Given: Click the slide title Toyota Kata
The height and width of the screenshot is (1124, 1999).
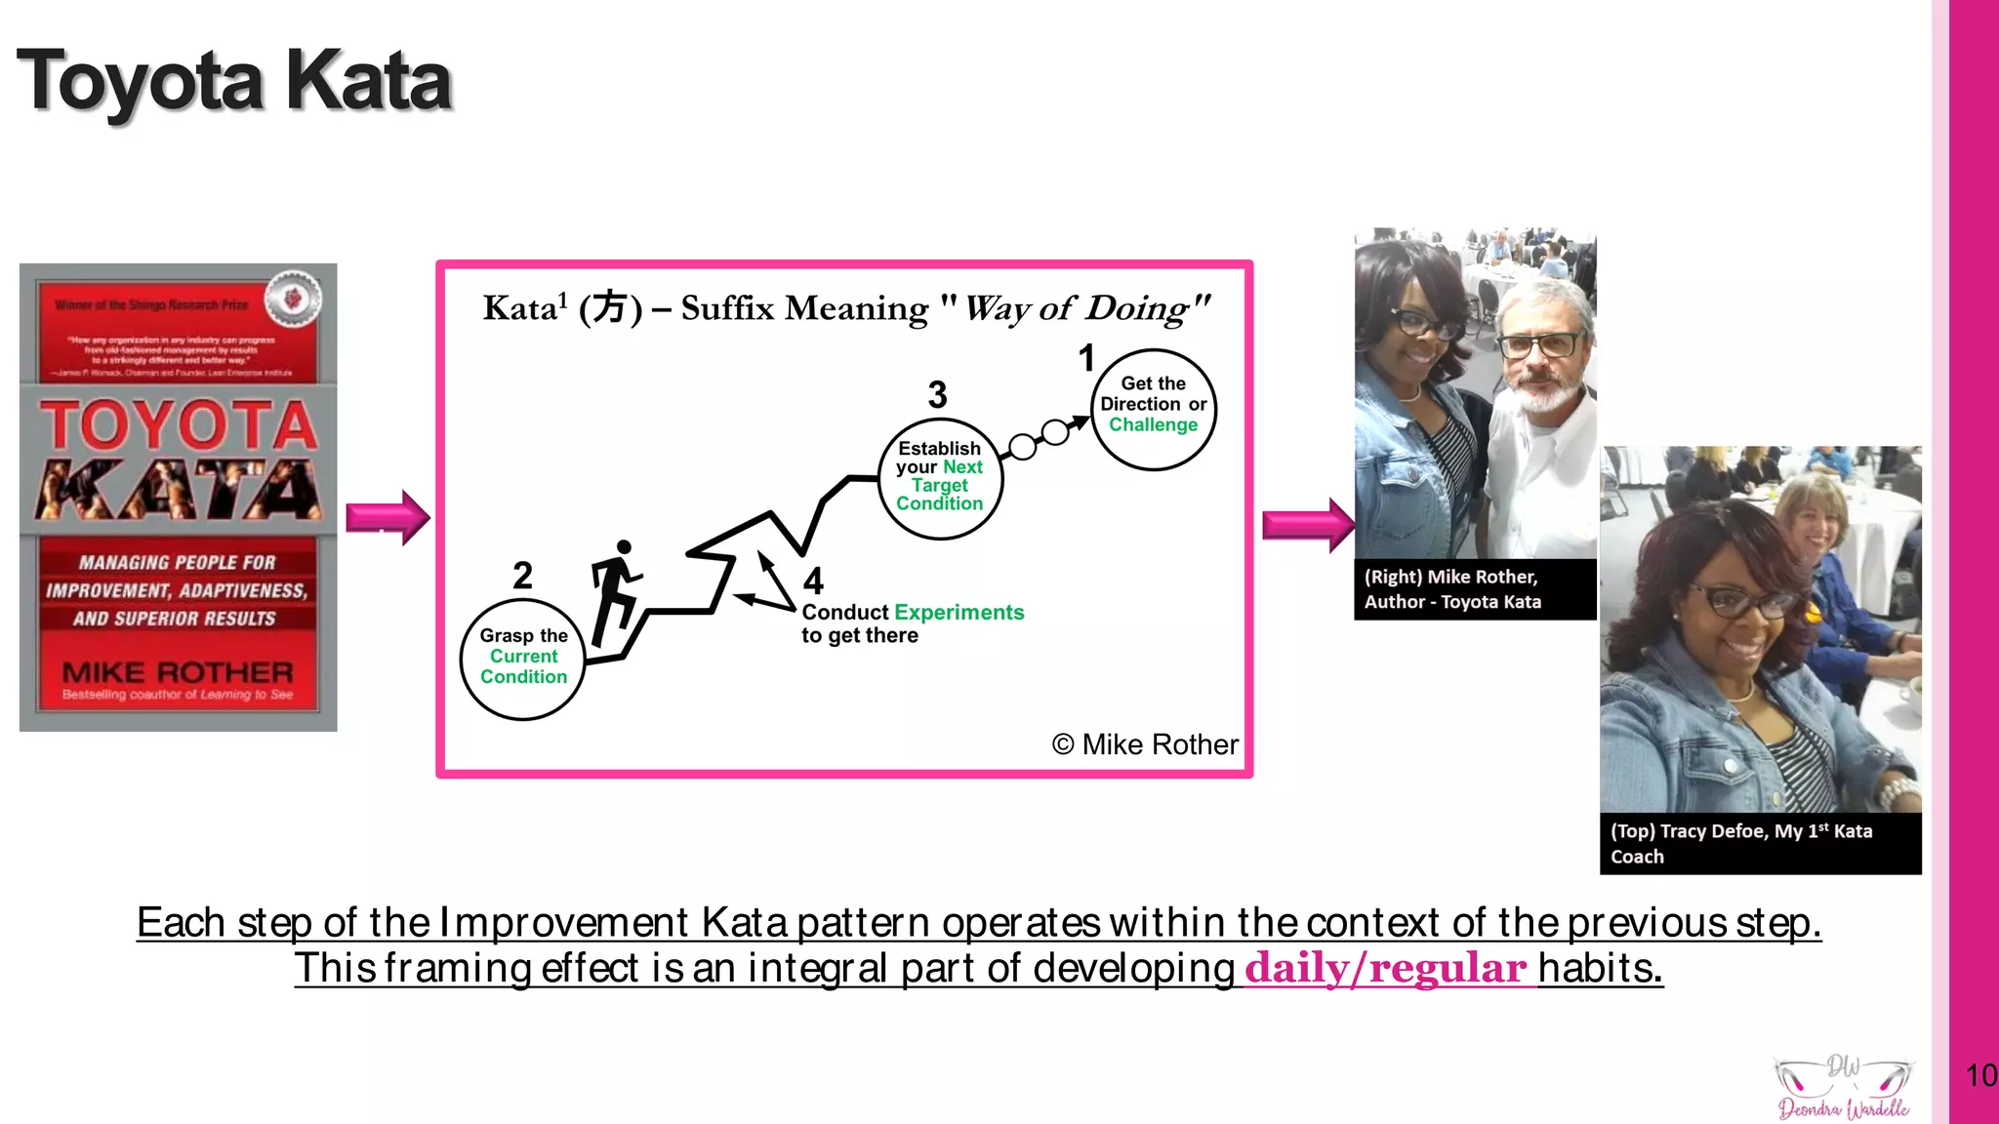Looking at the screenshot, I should pyautogui.click(x=234, y=81).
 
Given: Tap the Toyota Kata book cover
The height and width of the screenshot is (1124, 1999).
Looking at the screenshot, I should pyautogui.click(x=178, y=497).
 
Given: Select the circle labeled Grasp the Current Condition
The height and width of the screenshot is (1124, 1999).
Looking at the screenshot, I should pyautogui.click(x=522, y=660).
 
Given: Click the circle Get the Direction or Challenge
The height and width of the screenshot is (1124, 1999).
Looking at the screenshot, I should pyautogui.click(x=1153, y=409).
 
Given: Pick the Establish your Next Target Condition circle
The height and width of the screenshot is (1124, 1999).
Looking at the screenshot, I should pyautogui.click(x=939, y=478).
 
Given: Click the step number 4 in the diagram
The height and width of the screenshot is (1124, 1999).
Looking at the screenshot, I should pyautogui.click(x=813, y=582).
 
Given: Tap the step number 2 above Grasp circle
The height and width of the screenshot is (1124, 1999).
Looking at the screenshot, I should pyautogui.click(x=522, y=576).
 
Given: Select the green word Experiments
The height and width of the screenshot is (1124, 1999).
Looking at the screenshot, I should pyautogui.click(x=959, y=613).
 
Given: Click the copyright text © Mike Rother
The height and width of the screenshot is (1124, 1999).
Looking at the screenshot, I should pyautogui.click(x=1145, y=744).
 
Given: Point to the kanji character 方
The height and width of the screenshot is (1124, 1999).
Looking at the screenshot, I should pyautogui.click(x=609, y=308).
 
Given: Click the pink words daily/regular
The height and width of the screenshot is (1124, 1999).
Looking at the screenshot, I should pyautogui.click(x=1385, y=968).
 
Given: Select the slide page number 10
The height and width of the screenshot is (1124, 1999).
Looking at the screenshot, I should pyautogui.click(x=1980, y=1075).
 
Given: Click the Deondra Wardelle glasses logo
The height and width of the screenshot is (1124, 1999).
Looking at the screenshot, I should pyautogui.click(x=1843, y=1087).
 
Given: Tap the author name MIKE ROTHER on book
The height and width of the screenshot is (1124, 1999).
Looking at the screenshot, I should pyautogui.click(x=178, y=672).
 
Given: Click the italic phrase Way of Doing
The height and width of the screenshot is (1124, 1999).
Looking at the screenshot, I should pyautogui.click(x=1085, y=308).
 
